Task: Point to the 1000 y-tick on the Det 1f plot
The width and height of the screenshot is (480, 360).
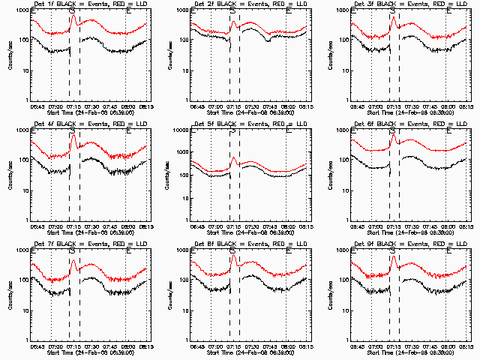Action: [23, 11]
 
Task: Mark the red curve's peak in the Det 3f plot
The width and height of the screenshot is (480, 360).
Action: [392, 19]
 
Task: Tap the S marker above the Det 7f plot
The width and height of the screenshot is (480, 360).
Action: [72, 251]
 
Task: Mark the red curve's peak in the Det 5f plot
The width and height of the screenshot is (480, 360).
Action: [233, 157]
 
